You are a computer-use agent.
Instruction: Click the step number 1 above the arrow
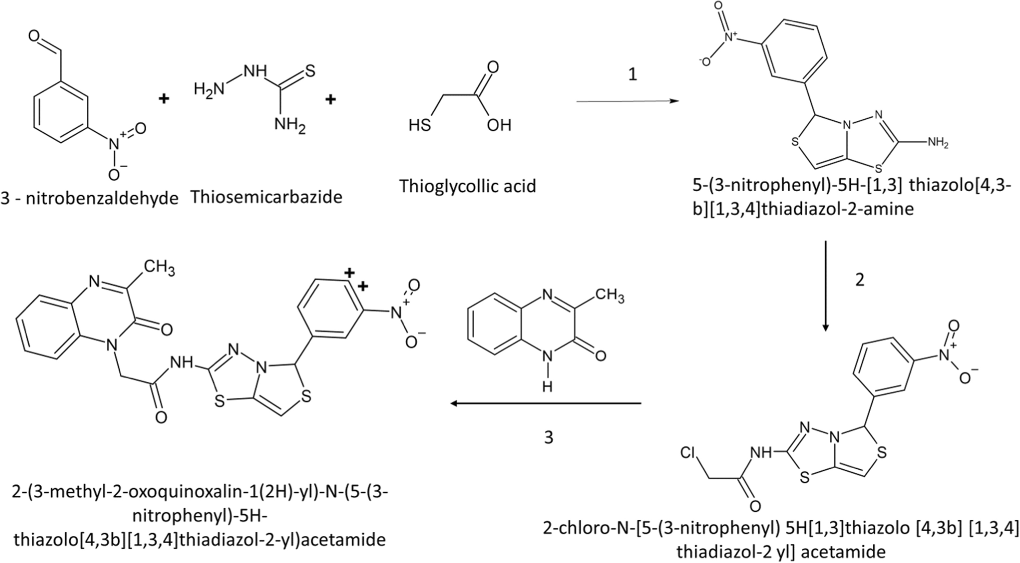(x=632, y=75)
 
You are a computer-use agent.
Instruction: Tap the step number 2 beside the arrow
(x=859, y=280)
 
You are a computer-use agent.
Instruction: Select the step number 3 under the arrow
(x=549, y=437)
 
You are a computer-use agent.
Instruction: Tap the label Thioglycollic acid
(x=467, y=186)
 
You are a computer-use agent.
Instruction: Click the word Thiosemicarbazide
(x=266, y=197)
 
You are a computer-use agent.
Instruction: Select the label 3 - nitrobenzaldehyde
(x=90, y=198)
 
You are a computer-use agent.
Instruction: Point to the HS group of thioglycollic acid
(x=419, y=126)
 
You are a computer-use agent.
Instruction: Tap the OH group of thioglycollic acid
(x=499, y=126)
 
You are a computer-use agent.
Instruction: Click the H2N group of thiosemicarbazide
(x=209, y=89)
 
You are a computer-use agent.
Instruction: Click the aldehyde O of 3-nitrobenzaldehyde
(x=34, y=36)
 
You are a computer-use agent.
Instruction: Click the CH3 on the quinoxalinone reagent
(x=609, y=296)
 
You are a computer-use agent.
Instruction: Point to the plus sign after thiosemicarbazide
(x=330, y=99)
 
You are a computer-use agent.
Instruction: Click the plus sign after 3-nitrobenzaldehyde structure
(x=164, y=99)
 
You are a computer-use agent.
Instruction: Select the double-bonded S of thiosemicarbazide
(x=310, y=71)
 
